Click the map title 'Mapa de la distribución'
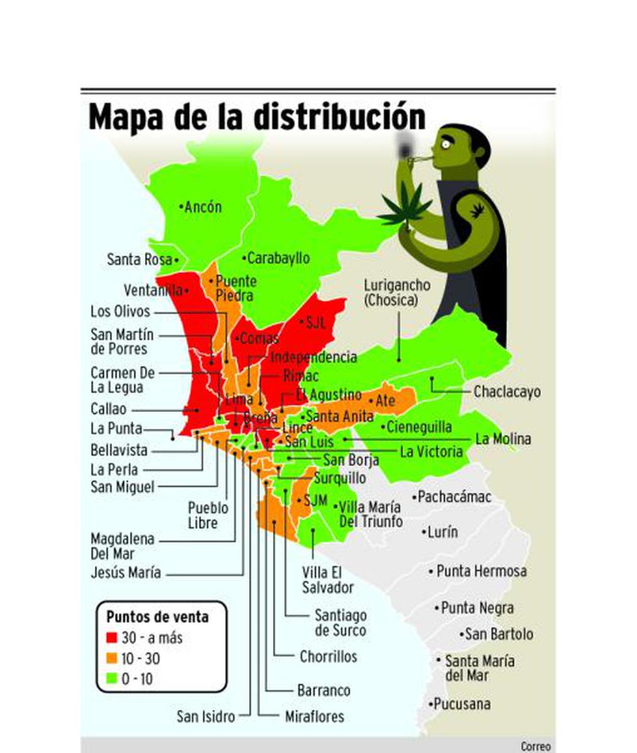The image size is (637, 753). point(257,117)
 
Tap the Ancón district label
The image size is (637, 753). point(203,207)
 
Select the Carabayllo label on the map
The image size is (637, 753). point(278,258)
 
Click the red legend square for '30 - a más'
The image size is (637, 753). point(112,638)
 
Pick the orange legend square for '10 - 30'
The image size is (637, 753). point(112,659)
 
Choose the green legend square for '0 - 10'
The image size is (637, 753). point(112,679)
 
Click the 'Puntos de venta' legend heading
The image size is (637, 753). point(157,616)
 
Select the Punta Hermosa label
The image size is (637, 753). point(481,571)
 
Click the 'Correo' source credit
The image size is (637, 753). point(535,746)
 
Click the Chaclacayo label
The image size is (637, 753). point(506,392)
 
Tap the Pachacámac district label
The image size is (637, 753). point(454,497)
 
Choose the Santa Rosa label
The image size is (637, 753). point(139,260)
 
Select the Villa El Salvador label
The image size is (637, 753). point(328,580)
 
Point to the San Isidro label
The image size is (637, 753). point(205,717)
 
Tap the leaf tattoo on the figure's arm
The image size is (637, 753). point(477,210)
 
